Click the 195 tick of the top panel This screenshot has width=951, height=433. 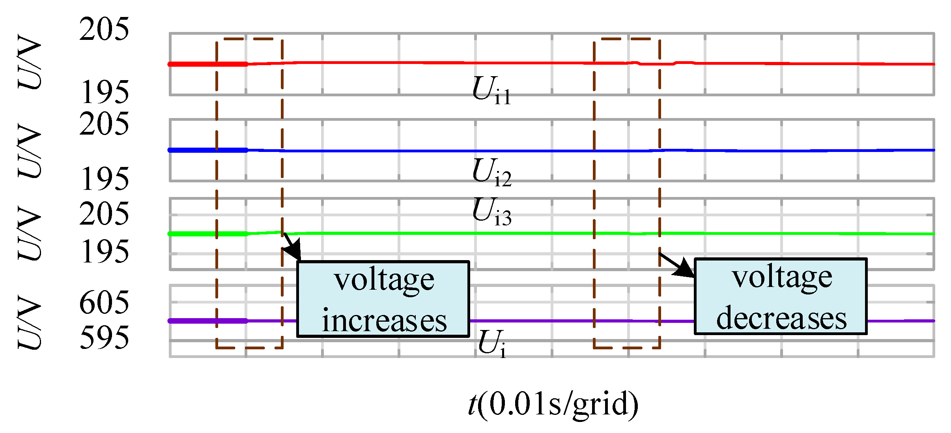pos(105,92)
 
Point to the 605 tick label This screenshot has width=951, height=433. pos(104,303)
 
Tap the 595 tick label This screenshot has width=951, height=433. pos(105,338)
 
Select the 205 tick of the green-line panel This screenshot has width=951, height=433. pos(104,214)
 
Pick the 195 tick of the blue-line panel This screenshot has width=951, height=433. pos(105,179)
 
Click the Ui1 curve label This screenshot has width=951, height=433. pos(491,90)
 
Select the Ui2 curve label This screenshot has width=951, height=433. pos(491,172)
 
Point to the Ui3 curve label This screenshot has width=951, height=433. pos(491,212)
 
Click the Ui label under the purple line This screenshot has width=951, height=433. pos(491,343)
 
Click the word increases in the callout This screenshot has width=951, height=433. pos(384,321)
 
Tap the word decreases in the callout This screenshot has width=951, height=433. pos(781,318)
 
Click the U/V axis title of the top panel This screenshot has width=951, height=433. pos(30,62)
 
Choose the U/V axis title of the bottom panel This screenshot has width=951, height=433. pos(30,322)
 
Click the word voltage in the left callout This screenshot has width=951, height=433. pos(384,280)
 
